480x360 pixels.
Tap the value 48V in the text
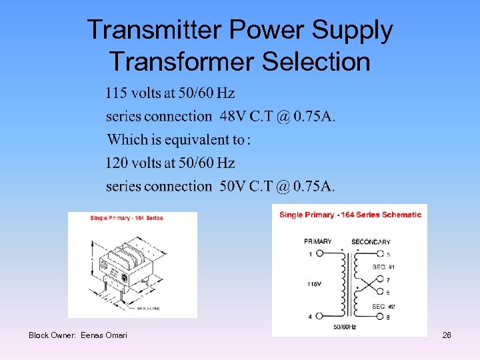click(x=233, y=116)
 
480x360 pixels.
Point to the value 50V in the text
click(x=233, y=186)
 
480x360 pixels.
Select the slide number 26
click(x=447, y=335)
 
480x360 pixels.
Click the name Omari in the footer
click(x=115, y=335)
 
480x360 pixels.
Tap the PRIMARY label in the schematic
click(x=318, y=241)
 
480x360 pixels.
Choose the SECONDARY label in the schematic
click(x=371, y=241)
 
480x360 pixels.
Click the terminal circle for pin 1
click(x=319, y=254)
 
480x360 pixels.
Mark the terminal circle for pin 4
click(x=319, y=317)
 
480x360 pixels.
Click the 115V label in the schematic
click(x=314, y=283)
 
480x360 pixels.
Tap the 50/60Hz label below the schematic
click(x=345, y=327)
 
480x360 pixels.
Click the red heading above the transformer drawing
click(x=127, y=218)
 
